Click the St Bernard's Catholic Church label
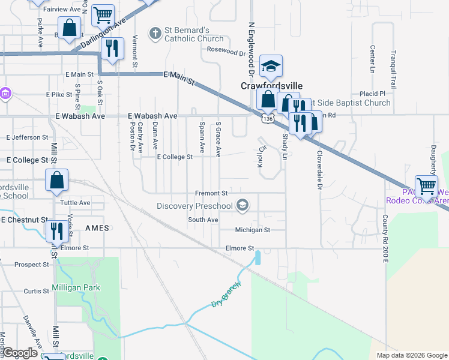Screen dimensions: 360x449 coord(186,34)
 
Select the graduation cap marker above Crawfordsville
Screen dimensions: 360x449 coord(271,67)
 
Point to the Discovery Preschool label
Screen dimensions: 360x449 coord(194,206)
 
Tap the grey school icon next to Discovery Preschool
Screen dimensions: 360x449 coord(242,206)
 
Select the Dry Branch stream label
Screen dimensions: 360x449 coord(226,295)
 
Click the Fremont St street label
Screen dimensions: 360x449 coord(211,193)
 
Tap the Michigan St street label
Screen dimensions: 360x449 coord(252,230)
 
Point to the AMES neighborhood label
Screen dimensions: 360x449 coord(97,229)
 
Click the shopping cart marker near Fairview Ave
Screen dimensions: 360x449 coord(103,14)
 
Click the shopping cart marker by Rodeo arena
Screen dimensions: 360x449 coord(426,186)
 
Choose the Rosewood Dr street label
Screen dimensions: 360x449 coord(227,52)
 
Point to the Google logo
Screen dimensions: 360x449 coord(20,353)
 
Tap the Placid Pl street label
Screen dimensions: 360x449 coord(372,94)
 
